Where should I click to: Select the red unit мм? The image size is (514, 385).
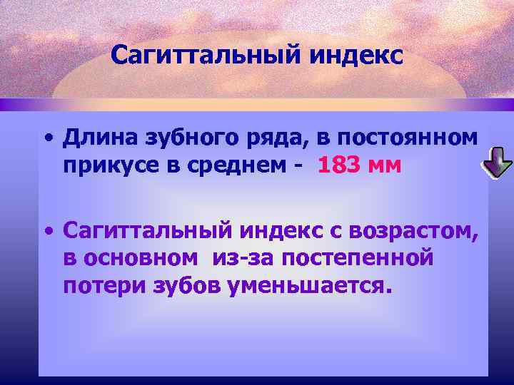click(386, 166)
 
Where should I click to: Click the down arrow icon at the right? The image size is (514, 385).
click(497, 163)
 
